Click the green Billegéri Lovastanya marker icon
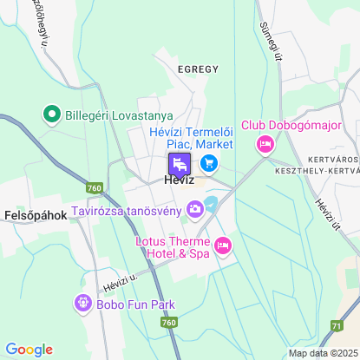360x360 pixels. (51, 115)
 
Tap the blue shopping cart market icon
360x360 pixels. (208, 162)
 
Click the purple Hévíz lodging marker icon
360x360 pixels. (180, 163)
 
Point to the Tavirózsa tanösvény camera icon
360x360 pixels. (196, 208)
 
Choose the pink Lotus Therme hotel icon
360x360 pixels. (222, 246)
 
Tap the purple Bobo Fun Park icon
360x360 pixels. (82, 304)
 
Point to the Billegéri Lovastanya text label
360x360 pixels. (121, 115)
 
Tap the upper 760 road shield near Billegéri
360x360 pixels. (95, 187)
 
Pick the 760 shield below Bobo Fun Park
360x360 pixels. (168, 322)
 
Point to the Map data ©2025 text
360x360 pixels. (323, 353)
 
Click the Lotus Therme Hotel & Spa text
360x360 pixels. (173, 246)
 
